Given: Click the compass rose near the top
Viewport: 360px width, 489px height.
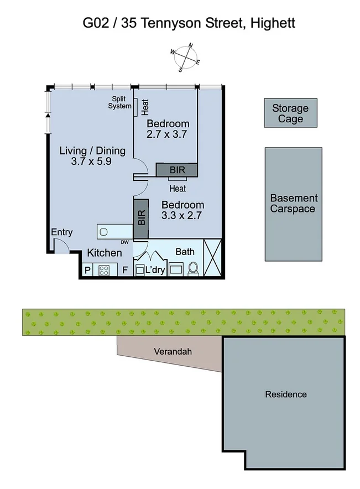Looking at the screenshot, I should [x=185, y=58].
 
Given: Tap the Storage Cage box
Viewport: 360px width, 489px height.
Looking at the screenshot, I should [x=290, y=114].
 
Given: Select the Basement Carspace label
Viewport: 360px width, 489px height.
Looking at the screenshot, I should [x=293, y=204].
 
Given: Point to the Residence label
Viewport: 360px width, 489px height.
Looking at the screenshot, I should [x=285, y=394].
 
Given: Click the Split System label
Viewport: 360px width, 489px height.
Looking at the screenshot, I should [x=119, y=102].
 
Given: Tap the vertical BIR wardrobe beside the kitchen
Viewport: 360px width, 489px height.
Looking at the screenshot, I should [x=140, y=218].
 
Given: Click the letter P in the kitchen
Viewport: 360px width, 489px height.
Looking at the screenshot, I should [x=87, y=270].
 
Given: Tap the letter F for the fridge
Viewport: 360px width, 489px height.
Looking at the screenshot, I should [x=125, y=270].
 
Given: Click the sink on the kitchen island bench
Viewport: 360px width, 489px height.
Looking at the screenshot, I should [x=105, y=231].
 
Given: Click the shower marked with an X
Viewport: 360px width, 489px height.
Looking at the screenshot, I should [x=213, y=257].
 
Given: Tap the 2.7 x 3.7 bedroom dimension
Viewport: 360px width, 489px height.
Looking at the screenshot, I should [x=168, y=134].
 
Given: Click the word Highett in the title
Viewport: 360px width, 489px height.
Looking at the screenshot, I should [x=273, y=23].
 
